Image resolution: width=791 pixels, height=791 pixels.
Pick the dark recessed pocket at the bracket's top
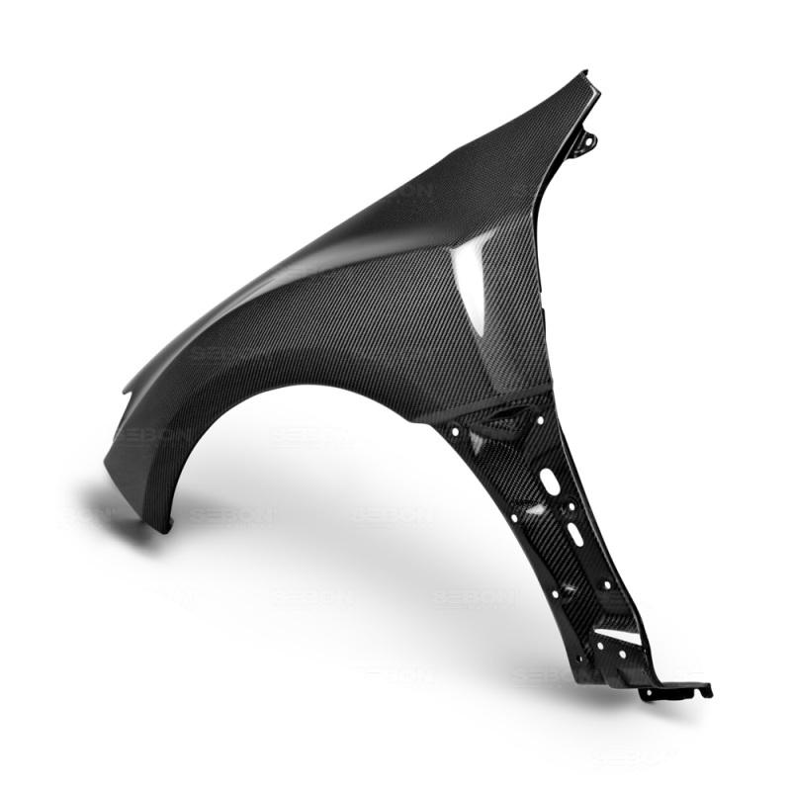coord(494,425)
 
